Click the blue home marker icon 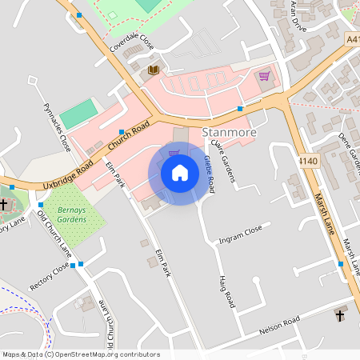(x=180, y=173)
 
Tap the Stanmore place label (x=230, y=132)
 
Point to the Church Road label (x=130, y=137)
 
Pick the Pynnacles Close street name (x=56, y=127)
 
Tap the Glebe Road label (x=210, y=174)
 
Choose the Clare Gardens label (x=224, y=162)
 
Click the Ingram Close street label (x=241, y=234)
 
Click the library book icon (x=153, y=71)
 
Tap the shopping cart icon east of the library (x=264, y=77)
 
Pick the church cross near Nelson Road (x=339, y=315)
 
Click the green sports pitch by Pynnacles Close (x=79, y=114)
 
